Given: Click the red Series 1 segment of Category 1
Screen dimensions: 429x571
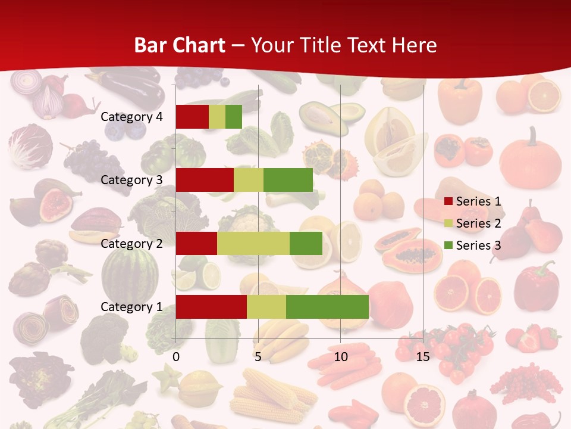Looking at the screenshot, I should (211, 307).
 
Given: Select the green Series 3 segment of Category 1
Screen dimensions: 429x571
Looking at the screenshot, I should (327, 307).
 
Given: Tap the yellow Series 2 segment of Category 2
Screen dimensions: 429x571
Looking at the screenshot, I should (253, 243).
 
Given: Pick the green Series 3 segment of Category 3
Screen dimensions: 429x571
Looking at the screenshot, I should (288, 180).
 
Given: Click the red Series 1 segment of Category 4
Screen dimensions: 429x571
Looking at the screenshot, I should (192, 117).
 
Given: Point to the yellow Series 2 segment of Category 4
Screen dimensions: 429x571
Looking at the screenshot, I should (217, 117).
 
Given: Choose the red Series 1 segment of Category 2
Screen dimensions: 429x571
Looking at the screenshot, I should (196, 243).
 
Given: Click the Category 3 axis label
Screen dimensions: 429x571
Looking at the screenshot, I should (131, 180).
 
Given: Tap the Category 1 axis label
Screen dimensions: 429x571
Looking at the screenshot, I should (131, 307).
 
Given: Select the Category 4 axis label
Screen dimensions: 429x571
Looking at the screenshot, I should (131, 117).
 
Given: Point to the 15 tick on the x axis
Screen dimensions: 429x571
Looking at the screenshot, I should (422, 357).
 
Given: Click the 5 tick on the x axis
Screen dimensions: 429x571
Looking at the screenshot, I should (258, 357).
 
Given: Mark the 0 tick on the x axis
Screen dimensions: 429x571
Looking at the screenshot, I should (176, 357).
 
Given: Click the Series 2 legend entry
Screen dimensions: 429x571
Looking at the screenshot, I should (478, 223).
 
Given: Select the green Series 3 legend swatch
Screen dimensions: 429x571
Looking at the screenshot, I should (448, 245).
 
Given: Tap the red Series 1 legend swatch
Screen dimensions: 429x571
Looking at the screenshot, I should (448, 201).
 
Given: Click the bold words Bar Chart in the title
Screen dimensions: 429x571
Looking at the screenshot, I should (180, 45).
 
